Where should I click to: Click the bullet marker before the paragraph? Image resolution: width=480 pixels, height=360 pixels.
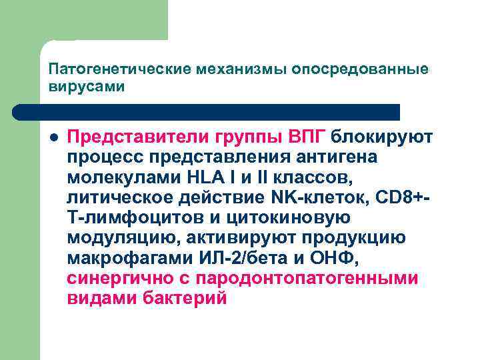coord(53,137)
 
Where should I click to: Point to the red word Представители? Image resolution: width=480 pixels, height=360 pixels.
coord(137,137)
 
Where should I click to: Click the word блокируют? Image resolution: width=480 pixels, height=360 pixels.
coord(382,137)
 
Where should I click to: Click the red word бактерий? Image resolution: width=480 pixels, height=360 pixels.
coord(185,299)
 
